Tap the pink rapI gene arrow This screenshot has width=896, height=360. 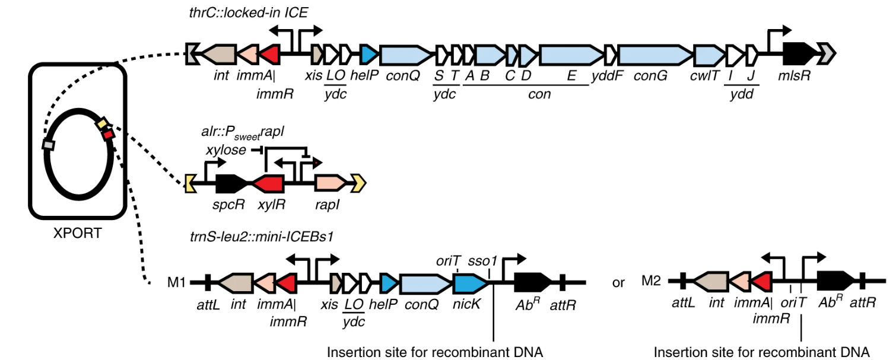pyautogui.click(x=330, y=183)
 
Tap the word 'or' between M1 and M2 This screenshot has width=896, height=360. pyautogui.click(x=618, y=283)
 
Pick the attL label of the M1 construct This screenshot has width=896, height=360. pyautogui.click(x=208, y=305)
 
